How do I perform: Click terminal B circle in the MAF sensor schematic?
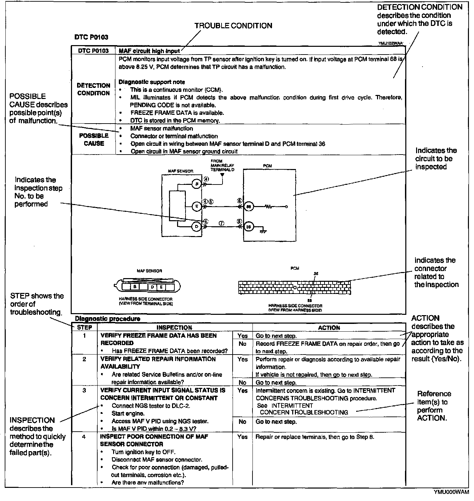pyautogui.click(x=196, y=184)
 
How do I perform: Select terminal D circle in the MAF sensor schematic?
pyautogui.click(x=196, y=227)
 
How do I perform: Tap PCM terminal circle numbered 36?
pyautogui.click(x=248, y=227)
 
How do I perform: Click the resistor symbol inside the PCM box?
pyautogui.click(x=269, y=206)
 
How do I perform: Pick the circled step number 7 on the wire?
pyautogui.click(x=222, y=223)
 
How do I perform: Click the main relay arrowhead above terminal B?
pyautogui.click(x=222, y=175)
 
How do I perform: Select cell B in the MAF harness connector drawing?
pyautogui.click(x=135, y=287)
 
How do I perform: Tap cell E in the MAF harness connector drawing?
pyautogui.click(x=161, y=287)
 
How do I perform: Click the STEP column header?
pyautogui.click(x=84, y=327)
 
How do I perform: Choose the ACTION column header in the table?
pyautogui.click(x=329, y=328)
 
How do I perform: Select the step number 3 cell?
pyautogui.click(x=84, y=391)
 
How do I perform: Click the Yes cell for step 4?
pyautogui.click(x=242, y=437)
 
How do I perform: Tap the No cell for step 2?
pyautogui.click(x=242, y=382)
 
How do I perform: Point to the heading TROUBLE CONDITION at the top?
pyautogui.click(x=233, y=26)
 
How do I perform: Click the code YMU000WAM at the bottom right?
pyautogui.click(x=451, y=492)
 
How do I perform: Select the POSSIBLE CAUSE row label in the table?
pyautogui.click(x=94, y=139)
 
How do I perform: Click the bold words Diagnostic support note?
pyautogui.click(x=152, y=82)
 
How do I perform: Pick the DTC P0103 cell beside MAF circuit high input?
pyautogui.click(x=93, y=51)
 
